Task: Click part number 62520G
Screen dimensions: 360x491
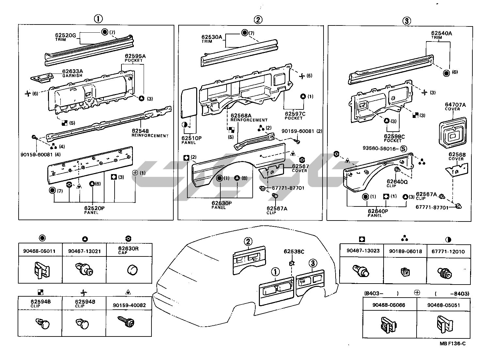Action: pos(66,35)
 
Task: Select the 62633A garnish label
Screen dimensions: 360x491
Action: pos(72,72)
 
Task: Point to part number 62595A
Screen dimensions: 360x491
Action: pos(135,56)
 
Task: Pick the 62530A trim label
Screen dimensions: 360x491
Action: pos(212,37)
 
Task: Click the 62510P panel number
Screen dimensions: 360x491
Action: pos(191,138)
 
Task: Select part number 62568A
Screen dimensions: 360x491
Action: pos(241,116)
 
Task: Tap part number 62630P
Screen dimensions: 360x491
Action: pos(221,203)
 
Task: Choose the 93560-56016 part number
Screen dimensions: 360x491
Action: pos(380,148)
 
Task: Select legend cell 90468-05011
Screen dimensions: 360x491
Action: pos(39,251)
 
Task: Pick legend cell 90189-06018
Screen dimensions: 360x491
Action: pos(405,252)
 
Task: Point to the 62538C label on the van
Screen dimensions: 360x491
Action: pos(294,251)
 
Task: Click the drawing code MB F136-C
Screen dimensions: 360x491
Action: pos(452,343)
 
